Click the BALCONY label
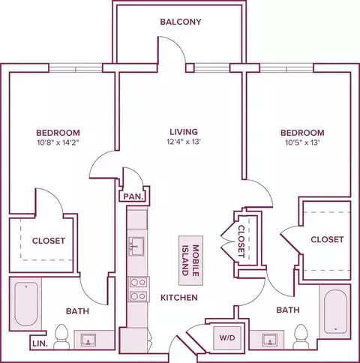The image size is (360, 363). point(181,22)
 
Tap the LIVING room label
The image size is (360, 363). point(184,132)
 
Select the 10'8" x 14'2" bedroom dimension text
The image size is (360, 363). point(58,143)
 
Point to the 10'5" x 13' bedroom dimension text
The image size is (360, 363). point(302,142)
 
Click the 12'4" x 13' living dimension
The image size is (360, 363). point(184,142)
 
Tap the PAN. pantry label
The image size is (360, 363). point(133,196)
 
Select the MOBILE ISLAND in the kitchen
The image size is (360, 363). point(190,260)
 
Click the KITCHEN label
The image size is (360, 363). point(179,298)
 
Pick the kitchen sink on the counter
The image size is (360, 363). point(136,247)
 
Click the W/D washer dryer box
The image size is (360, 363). point(227,337)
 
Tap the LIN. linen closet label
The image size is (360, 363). point(40,343)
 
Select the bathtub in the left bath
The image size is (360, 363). point(26,304)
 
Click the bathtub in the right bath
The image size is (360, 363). point(335,311)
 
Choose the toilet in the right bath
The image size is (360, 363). point(301,337)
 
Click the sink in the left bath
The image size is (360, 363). point(88,340)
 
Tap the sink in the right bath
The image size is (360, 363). point(270,340)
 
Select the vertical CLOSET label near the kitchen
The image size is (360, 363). point(241,241)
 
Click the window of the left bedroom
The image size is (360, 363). point(75,67)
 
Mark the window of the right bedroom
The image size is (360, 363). point(286,67)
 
